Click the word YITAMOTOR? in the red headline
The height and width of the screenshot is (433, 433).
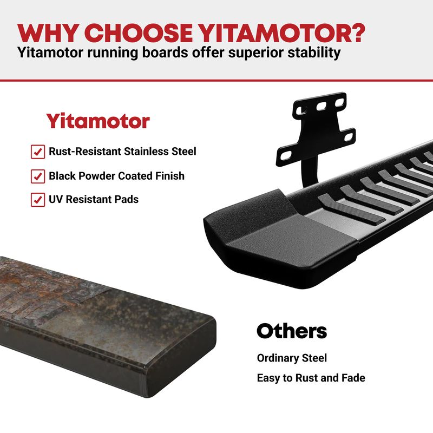click(x=281, y=33)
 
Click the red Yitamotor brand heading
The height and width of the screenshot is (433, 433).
click(x=98, y=121)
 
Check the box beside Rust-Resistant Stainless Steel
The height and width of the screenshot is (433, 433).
click(x=38, y=152)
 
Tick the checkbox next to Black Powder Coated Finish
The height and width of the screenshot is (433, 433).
click(x=38, y=176)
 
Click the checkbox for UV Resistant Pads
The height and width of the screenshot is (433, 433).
click(x=38, y=200)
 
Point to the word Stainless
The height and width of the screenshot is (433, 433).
click(x=146, y=152)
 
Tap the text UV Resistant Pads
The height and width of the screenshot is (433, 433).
click(x=94, y=199)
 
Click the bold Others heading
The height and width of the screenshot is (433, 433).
click(x=292, y=331)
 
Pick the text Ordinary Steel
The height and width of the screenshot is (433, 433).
click(x=292, y=358)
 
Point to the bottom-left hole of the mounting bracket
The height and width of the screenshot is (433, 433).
click(x=286, y=156)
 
